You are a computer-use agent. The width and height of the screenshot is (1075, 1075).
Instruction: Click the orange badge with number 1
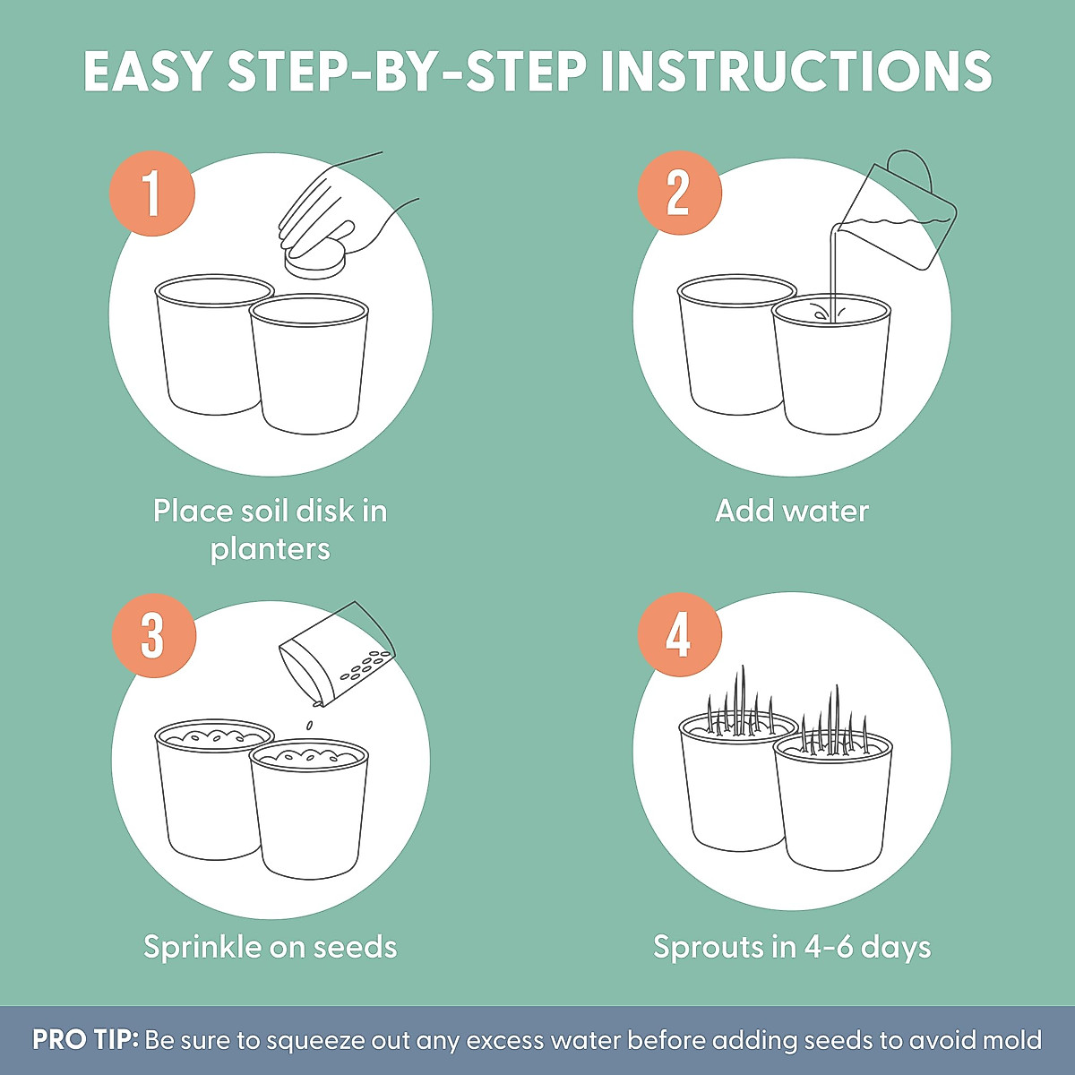(x=152, y=193)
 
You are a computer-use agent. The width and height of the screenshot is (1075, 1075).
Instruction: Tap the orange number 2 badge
(x=679, y=193)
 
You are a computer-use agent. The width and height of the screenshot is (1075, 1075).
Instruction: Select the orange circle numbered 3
(x=153, y=635)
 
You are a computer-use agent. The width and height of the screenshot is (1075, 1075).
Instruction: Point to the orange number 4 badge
(x=679, y=635)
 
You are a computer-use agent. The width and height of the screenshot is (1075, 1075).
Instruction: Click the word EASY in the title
(x=147, y=71)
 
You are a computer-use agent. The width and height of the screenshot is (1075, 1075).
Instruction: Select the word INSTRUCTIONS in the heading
(x=796, y=71)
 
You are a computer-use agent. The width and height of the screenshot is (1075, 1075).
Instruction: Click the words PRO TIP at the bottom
(x=85, y=1039)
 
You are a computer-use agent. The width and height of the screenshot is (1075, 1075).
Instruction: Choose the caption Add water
(x=792, y=511)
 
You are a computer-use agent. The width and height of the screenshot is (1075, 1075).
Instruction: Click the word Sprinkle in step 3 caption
(x=202, y=947)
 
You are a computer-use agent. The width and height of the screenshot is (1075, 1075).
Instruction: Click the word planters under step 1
(x=270, y=550)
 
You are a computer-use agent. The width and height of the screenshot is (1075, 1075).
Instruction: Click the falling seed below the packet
(x=310, y=726)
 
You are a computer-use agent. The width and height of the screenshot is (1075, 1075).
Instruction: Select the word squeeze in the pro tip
(x=315, y=1041)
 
